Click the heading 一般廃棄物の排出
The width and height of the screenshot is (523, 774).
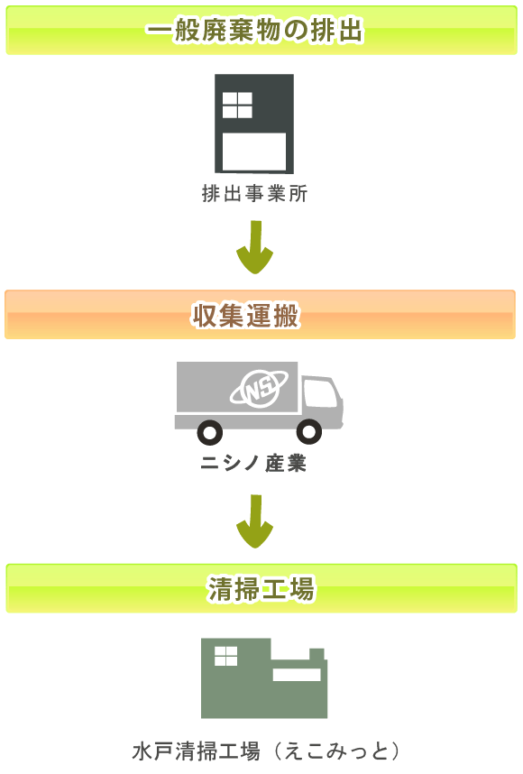point(254,30)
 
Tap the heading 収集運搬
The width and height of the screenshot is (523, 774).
point(245,315)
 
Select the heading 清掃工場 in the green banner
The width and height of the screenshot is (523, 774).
point(261,588)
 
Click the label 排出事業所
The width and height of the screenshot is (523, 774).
point(254,193)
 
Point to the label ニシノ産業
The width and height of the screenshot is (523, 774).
point(253,463)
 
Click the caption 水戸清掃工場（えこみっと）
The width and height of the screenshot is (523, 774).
point(266,751)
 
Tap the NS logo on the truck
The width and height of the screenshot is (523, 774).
point(259,388)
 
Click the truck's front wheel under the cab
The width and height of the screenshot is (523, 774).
point(309,431)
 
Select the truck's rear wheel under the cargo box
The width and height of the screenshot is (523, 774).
point(210,432)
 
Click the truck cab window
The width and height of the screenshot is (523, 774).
point(321,393)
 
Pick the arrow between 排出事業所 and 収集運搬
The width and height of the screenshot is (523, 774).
point(254,247)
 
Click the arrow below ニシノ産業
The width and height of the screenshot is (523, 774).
point(254,521)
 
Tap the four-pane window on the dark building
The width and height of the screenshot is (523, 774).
point(237,105)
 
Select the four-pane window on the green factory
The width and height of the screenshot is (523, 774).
point(226,656)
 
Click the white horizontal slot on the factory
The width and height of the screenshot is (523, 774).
point(297,675)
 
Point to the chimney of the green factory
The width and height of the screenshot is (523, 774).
point(317,655)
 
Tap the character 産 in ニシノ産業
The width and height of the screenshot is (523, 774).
point(275,463)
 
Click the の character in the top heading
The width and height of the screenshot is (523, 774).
point(296,31)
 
